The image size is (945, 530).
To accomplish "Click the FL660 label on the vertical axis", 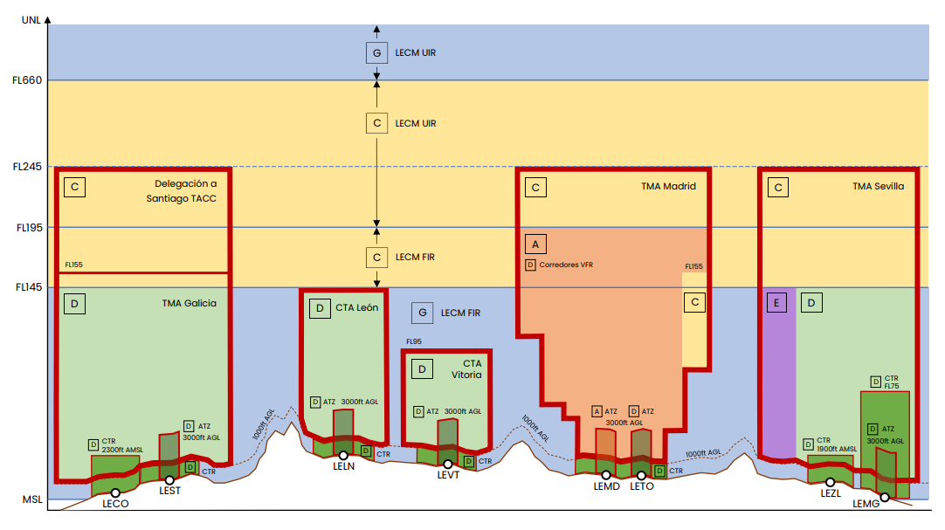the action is tap(27, 80).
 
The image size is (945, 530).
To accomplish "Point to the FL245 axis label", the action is tap(27, 167).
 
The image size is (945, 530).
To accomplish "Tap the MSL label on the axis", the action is tap(32, 499).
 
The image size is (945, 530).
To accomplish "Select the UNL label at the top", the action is tap(31, 20).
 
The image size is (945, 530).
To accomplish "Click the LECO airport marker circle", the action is tap(115, 493).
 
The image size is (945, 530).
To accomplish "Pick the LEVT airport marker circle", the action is tap(448, 465).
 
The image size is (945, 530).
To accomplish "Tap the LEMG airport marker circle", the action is tap(885, 498).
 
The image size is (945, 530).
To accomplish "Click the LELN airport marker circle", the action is tap(343, 456).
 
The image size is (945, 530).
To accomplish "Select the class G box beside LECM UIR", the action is tap(376, 53).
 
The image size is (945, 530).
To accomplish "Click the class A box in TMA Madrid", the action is tap(535, 244).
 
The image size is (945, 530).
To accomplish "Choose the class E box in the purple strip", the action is tap(776, 303).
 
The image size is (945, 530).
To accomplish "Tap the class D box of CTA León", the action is tap(320, 308).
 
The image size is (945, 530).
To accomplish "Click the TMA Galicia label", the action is tap(190, 304).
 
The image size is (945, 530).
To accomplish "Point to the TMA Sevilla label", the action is tap(878, 187).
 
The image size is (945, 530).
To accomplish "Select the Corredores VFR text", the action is tap(566, 265).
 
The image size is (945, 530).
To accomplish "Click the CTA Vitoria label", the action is tap(467, 369).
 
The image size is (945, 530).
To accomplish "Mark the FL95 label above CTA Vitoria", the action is tap(414, 341).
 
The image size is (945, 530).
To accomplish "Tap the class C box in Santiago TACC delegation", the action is tap(75, 187).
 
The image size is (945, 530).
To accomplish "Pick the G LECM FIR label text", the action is tap(460, 313).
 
